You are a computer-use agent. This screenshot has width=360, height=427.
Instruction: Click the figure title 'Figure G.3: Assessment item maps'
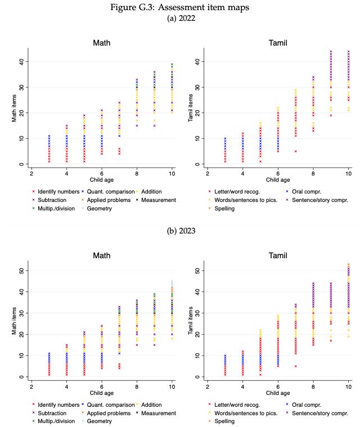click(179, 7)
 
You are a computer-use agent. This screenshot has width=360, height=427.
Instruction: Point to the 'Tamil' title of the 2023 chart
click(278, 256)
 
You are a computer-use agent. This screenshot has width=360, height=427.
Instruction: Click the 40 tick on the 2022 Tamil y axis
click(198, 61)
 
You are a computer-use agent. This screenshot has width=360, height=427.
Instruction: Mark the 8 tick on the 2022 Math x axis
click(136, 172)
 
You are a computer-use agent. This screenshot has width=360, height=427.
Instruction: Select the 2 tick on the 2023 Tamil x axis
click(207, 385)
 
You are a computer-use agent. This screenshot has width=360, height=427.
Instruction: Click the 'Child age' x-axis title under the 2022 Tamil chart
click(278, 180)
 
